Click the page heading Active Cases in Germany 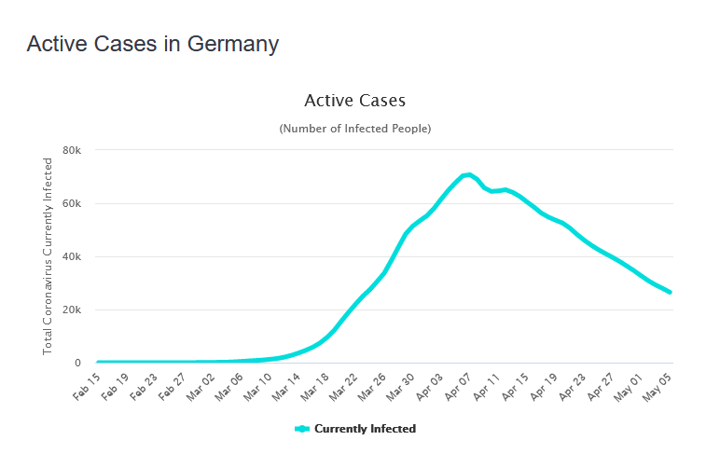tap(152, 44)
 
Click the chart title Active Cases tap(354, 100)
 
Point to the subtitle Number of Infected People tap(354, 129)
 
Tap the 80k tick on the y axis tap(72, 151)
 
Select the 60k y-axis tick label tap(72, 204)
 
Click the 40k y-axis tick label tap(72, 257)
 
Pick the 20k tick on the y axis tap(72, 310)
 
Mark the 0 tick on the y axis tap(77, 364)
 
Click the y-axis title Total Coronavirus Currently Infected tap(48, 256)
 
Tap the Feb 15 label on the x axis tap(87, 385)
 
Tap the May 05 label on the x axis tap(657, 385)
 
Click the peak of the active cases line tap(468, 174)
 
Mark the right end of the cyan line tap(670, 293)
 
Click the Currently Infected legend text tap(365, 429)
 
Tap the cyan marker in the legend tap(302, 429)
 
